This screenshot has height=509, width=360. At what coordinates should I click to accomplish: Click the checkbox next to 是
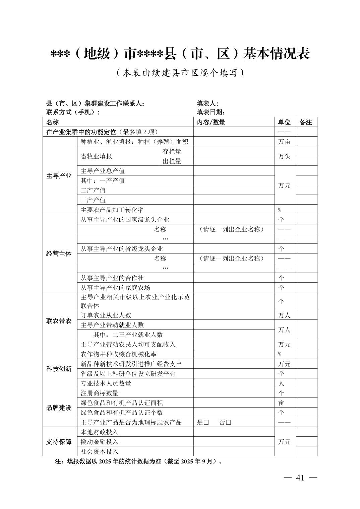click(x=206, y=422)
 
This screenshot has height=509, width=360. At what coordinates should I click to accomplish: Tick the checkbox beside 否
click(x=229, y=422)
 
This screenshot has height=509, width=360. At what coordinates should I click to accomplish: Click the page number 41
click(x=300, y=478)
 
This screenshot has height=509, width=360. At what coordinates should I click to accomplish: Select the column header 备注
click(x=306, y=122)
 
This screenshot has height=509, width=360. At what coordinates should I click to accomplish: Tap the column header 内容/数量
click(x=211, y=122)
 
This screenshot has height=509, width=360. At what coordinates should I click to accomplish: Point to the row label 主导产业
click(x=59, y=176)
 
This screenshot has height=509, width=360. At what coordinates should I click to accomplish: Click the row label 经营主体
click(x=59, y=253)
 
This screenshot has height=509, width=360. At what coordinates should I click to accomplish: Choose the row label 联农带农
click(x=59, y=321)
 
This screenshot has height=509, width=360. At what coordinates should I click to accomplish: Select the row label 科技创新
click(x=59, y=369)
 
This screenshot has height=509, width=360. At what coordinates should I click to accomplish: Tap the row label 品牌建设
click(x=59, y=408)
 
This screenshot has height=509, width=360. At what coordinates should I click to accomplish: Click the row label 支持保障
click(x=59, y=442)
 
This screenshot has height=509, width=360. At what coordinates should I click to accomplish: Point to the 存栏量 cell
click(x=172, y=151)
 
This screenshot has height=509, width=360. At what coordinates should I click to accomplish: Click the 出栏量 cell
click(x=172, y=161)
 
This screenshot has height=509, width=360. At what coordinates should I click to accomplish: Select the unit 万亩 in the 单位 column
click(x=285, y=142)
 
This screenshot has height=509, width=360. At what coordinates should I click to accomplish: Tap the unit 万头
click(x=285, y=156)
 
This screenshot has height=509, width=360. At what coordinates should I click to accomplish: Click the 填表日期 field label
click(x=211, y=112)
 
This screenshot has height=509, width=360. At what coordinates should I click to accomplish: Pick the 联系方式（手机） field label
click(x=73, y=112)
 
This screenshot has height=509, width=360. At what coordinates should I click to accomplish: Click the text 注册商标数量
click(x=100, y=393)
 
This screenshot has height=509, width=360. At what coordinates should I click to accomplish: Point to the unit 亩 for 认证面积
click(x=281, y=403)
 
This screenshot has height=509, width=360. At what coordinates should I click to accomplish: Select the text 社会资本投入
click(x=100, y=451)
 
